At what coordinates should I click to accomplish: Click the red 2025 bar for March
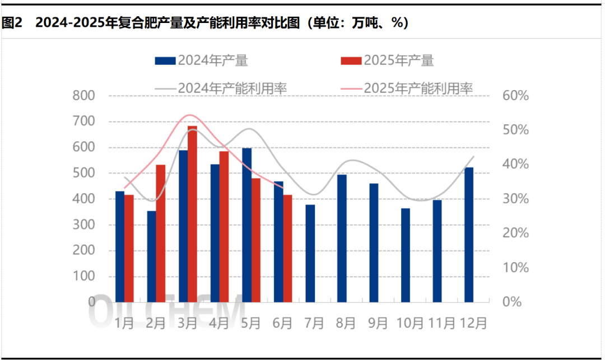click(x=192, y=216)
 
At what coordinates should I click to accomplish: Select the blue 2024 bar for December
click(x=469, y=235)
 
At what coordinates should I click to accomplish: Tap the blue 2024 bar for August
click(x=342, y=239)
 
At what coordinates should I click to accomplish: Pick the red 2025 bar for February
click(x=161, y=233)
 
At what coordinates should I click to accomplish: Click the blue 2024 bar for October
click(x=406, y=255)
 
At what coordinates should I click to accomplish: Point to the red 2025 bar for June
click(x=288, y=249)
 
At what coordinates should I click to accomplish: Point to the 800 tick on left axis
click(x=84, y=96)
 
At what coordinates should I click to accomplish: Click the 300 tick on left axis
click(x=84, y=225)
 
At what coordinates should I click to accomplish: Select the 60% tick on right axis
click(x=516, y=96)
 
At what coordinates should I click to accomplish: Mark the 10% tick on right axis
click(x=516, y=268)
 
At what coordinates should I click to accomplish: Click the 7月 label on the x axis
click(x=314, y=323)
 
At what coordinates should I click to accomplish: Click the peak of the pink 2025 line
click(x=188, y=115)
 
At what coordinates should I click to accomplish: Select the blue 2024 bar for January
click(x=120, y=247)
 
